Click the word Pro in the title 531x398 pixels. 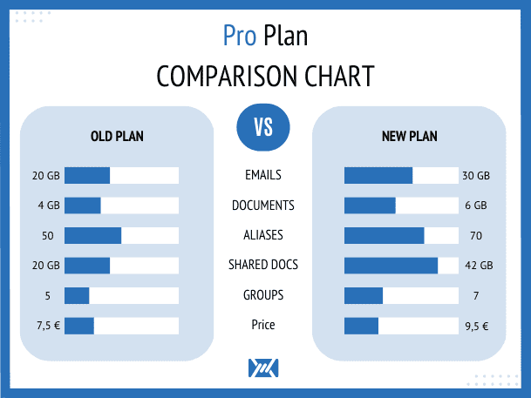[x=240, y=36]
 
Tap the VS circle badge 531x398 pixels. [x=263, y=127]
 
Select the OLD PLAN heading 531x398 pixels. [x=117, y=136]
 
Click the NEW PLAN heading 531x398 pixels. [x=410, y=136]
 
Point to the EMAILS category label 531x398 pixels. [x=263, y=175]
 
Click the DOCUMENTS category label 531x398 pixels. [x=263, y=206]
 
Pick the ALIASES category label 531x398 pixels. [x=263, y=235]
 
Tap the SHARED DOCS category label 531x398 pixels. [x=263, y=265]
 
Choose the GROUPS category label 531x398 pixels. [x=263, y=295]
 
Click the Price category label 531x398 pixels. [x=263, y=325]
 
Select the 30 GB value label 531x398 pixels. [x=476, y=176]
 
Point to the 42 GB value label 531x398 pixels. [x=479, y=265]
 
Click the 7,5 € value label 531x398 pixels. [x=49, y=326]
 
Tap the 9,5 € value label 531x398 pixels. [x=477, y=327]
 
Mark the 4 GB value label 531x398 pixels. [x=49, y=206]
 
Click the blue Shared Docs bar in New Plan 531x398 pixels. [x=391, y=266]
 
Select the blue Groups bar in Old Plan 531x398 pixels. [x=77, y=295]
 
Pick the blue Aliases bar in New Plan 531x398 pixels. [x=385, y=235]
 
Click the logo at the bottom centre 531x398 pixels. [x=263, y=368]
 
